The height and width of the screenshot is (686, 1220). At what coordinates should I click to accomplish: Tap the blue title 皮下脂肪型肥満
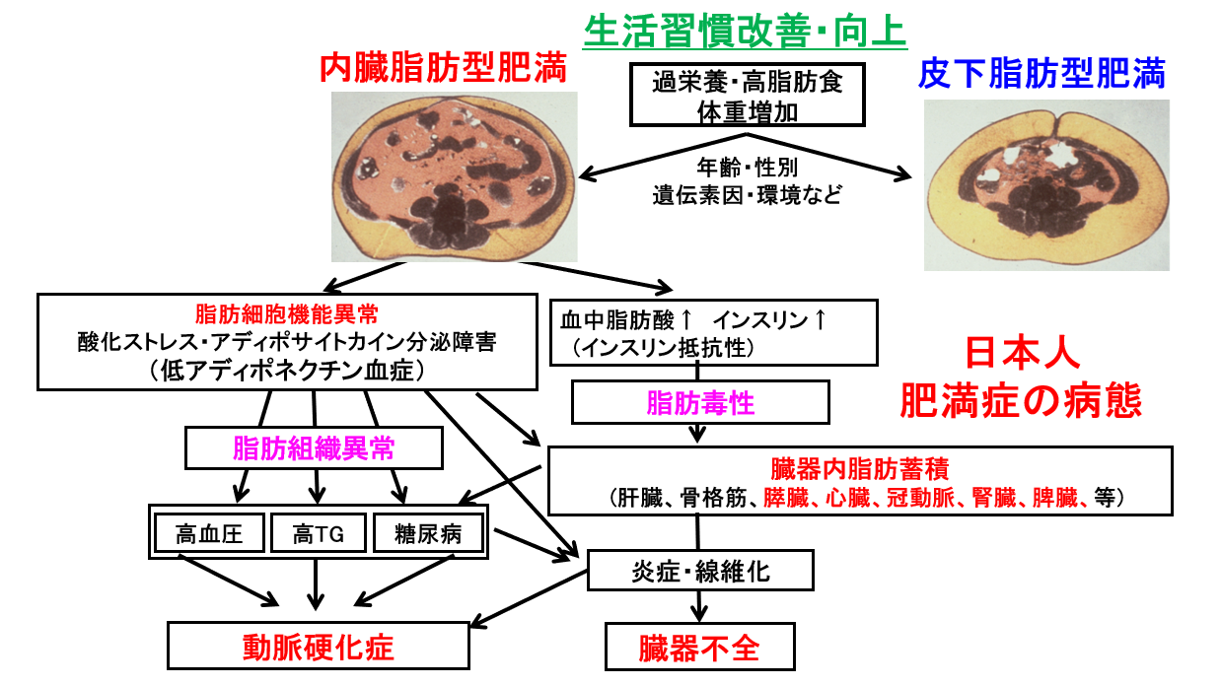point(1041,72)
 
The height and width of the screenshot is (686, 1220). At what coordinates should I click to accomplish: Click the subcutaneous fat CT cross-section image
point(1046,184)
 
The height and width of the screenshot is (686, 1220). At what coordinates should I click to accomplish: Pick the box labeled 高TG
point(317,534)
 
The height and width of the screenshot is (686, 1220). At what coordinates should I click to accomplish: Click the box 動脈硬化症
point(318,647)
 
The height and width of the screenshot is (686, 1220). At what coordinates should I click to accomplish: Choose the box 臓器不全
point(699,648)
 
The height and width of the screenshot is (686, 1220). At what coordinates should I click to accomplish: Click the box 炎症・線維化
point(699,572)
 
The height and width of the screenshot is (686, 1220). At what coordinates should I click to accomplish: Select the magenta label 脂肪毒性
point(699,402)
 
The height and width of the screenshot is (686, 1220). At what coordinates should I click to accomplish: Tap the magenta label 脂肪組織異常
point(314,448)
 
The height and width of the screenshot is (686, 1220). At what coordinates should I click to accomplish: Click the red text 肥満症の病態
point(1020,401)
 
